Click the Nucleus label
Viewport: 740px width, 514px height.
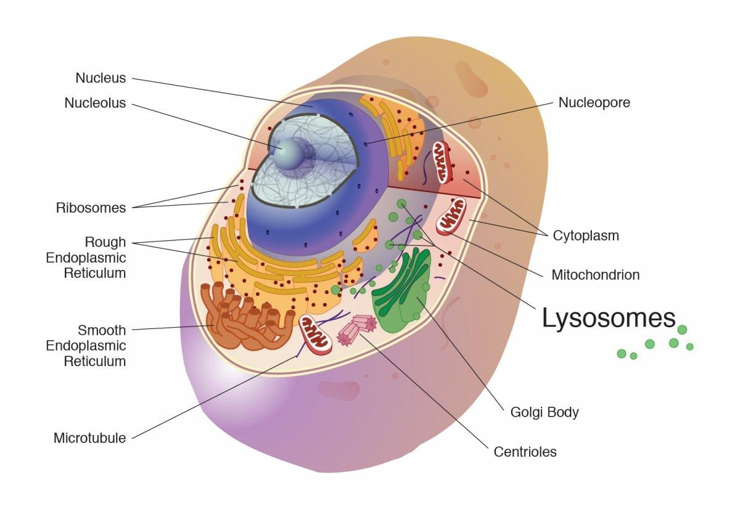pos(101,78)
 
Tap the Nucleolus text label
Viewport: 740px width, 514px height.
pos(95,103)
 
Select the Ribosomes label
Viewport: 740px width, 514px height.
pos(91,208)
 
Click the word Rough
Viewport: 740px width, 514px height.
pos(105,242)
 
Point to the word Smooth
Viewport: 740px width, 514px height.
pos(102,330)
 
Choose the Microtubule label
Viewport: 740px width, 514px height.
pos(90,438)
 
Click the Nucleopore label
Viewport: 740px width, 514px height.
pos(594,103)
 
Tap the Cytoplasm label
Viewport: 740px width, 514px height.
pos(585,235)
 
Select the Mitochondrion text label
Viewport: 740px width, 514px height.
pos(595,275)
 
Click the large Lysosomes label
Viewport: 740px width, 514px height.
pos(609,318)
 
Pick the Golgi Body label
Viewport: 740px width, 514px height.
pos(545,412)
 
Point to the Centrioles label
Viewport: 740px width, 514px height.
pos(525,452)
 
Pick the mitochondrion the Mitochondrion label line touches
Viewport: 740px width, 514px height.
pos(451,216)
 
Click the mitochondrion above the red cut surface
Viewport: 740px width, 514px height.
pos(442,160)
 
